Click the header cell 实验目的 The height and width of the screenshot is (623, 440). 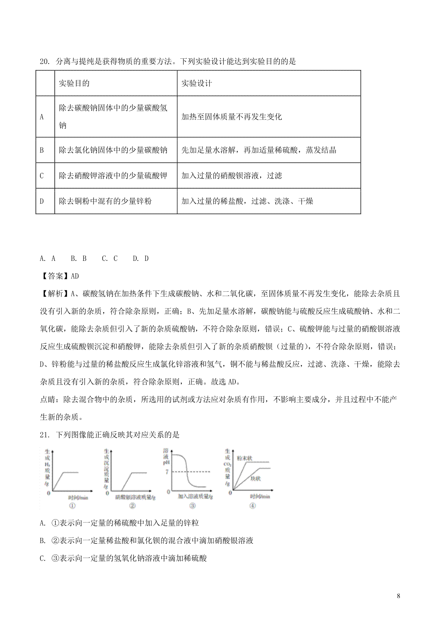click(x=74, y=83)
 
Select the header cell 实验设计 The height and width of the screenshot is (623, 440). click(x=197, y=83)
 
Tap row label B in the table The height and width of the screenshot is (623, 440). click(x=41, y=150)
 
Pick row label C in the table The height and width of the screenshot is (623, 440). click(x=41, y=176)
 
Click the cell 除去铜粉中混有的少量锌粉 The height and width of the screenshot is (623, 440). click(x=105, y=201)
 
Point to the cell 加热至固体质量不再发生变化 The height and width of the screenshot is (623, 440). click(x=232, y=117)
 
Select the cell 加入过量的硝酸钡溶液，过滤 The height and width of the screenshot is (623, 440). click(x=232, y=176)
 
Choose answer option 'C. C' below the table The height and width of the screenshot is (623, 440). click(x=110, y=258)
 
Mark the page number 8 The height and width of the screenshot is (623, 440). click(x=399, y=596)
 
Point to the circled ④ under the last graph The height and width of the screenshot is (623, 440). click(x=252, y=506)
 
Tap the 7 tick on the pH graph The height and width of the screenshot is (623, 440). click(x=167, y=472)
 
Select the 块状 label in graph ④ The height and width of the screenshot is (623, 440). click(x=256, y=479)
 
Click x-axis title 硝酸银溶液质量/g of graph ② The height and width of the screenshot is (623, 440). click(x=135, y=497)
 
